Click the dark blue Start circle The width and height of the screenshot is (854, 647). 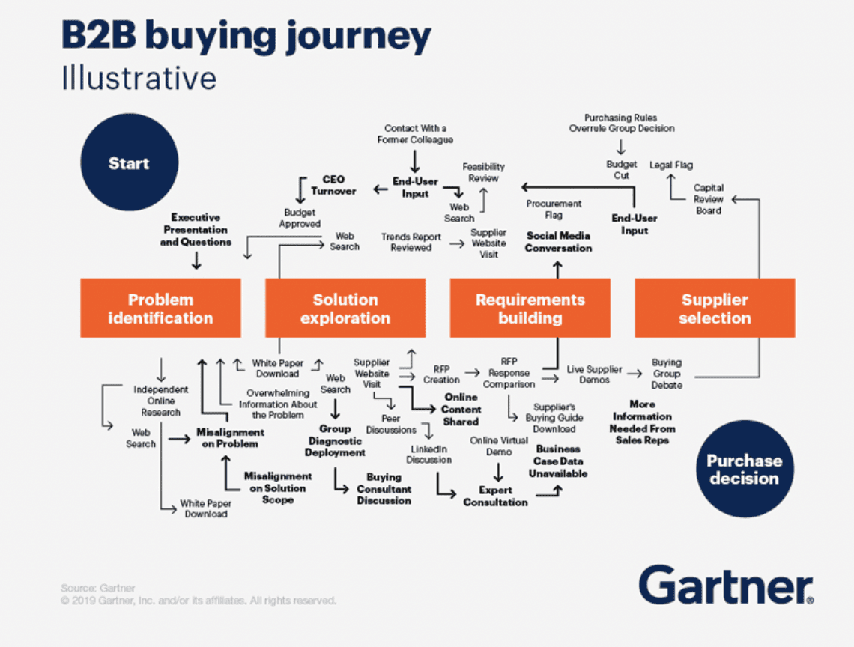point(128,163)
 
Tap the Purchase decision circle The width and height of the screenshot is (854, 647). point(744,469)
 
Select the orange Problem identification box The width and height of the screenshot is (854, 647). point(160,308)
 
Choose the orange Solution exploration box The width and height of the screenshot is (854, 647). point(345,308)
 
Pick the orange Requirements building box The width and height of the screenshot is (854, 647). point(530,308)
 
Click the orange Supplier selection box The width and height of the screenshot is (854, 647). point(715,308)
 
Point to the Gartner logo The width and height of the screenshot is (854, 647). point(726,584)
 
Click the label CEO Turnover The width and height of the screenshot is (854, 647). point(333,185)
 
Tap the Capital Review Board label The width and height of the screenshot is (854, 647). point(708,199)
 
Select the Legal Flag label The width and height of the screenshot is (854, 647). point(671,165)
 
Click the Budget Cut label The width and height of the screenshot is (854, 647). point(622,170)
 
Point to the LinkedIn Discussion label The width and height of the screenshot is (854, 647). point(429,454)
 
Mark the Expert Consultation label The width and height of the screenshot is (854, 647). point(495,496)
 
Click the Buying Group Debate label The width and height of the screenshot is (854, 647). point(667,373)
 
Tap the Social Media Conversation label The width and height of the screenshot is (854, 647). point(558,241)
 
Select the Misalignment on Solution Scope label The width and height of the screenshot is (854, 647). point(278,487)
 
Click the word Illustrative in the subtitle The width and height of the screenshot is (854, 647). point(139,78)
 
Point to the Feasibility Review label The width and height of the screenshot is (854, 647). point(483,172)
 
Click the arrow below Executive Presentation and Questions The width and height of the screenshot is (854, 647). point(196,261)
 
